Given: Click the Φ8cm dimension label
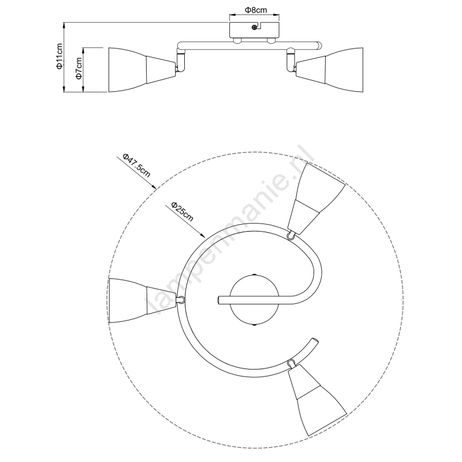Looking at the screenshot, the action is coord(256,10).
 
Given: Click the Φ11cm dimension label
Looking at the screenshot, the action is coord(59,56).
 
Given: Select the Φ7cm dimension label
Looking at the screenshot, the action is coord(79,68).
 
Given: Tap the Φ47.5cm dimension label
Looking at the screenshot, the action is coord(136,165).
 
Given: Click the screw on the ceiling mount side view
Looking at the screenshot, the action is coord(254,27).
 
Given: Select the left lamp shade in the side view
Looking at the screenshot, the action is coord(142,69).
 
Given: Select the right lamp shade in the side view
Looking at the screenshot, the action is coord(329,69).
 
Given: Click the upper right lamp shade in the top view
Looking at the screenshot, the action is coord(316,198).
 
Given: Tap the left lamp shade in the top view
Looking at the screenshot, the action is coord(142,300).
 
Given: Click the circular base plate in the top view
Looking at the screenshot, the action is coord(254,300).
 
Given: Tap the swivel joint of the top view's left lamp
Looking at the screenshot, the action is coord(181,300).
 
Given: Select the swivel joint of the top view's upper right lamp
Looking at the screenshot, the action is coord(290,235).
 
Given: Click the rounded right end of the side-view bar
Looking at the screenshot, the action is coord(319,46).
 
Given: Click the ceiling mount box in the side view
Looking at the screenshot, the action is coord(254,30).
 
